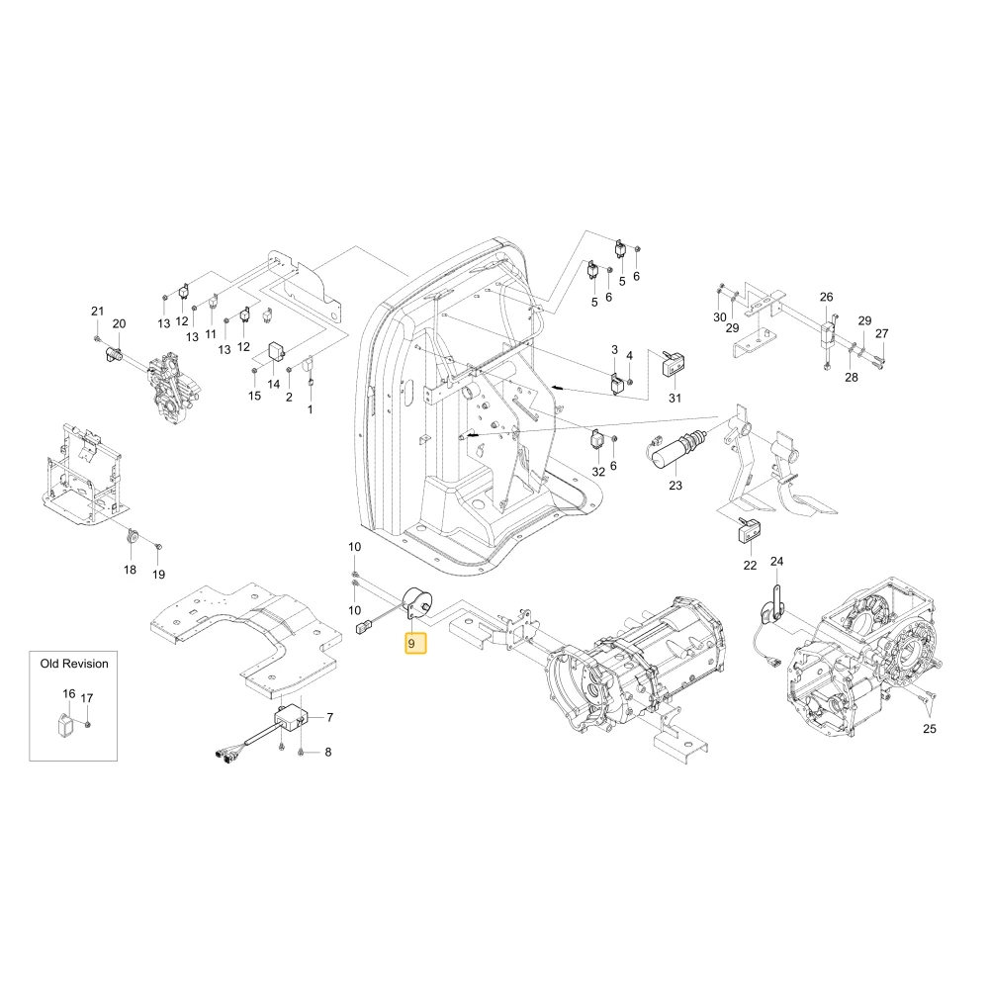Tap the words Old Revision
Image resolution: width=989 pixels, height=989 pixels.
point(74,664)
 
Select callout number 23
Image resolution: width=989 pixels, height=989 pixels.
point(674,486)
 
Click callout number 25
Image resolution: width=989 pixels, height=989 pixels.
point(929,729)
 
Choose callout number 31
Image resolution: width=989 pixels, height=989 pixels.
point(674,398)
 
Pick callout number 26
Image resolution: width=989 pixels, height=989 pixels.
point(826,297)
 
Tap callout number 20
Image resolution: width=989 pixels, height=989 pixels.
point(120,323)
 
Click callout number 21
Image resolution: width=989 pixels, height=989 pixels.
point(97,311)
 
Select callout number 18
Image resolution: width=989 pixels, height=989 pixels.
point(130,570)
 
